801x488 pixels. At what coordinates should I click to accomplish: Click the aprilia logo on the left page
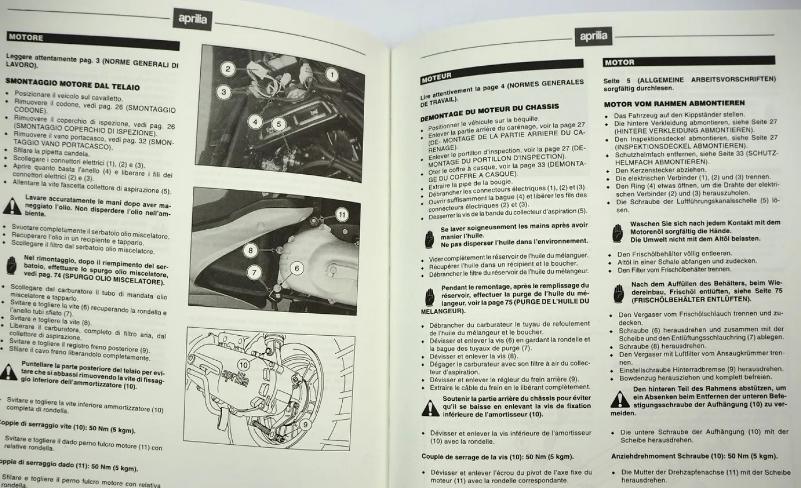[x=192, y=20]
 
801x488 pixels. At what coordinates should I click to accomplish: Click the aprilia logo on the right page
[x=593, y=36]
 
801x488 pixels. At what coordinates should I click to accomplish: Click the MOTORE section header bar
[x=26, y=37]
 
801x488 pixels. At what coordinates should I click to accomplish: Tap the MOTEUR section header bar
[x=437, y=78]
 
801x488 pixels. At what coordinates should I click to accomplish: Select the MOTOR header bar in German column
[x=619, y=63]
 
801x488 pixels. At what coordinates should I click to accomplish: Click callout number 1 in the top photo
[x=332, y=75]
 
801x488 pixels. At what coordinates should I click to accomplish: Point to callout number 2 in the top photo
[x=227, y=68]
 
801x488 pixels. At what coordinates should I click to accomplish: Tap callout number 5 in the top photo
[x=278, y=124]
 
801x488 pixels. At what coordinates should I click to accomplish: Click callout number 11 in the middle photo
[x=342, y=215]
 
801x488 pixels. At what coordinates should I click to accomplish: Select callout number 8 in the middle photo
[x=250, y=250]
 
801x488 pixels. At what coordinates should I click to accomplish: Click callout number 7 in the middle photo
[x=254, y=273]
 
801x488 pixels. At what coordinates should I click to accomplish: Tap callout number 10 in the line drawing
[x=244, y=364]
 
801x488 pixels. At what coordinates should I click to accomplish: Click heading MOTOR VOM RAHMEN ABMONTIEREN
[x=674, y=104]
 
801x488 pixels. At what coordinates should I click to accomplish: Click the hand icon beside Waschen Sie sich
[x=618, y=231]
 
